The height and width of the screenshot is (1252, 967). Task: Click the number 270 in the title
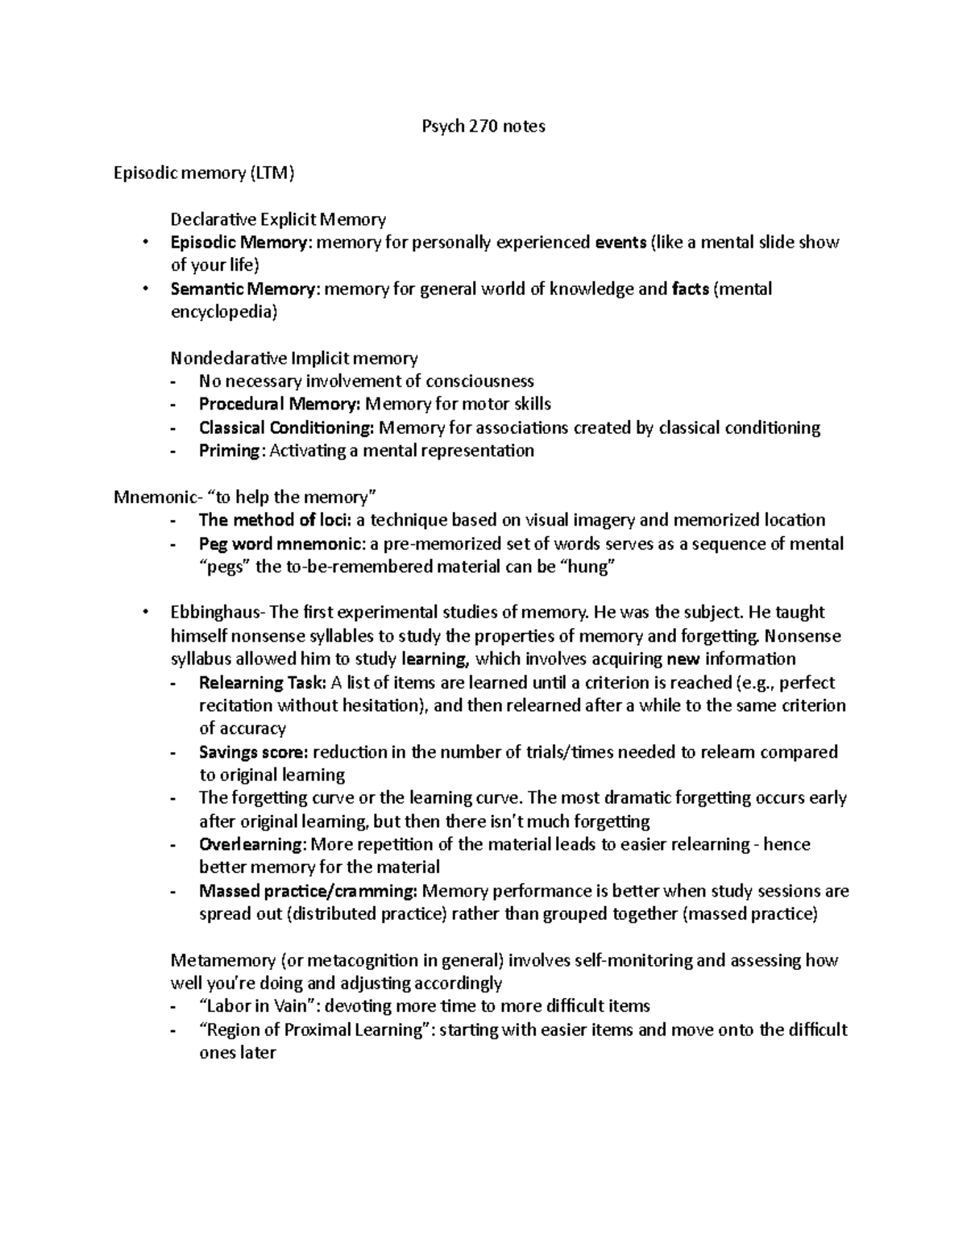pyautogui.click(x=480, y=126)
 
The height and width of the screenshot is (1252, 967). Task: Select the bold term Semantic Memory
pyautogui.click(x=244, y=289)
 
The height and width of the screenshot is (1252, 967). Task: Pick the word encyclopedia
pyautogui.click(x=223, y=312)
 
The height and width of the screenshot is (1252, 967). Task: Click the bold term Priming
pyautogui.click(x=230, y=451)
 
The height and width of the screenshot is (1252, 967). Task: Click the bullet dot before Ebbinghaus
pyautogui.click(x=145, y=613)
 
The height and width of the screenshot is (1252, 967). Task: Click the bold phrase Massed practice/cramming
pyautogui.click(x=307, y=891)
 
